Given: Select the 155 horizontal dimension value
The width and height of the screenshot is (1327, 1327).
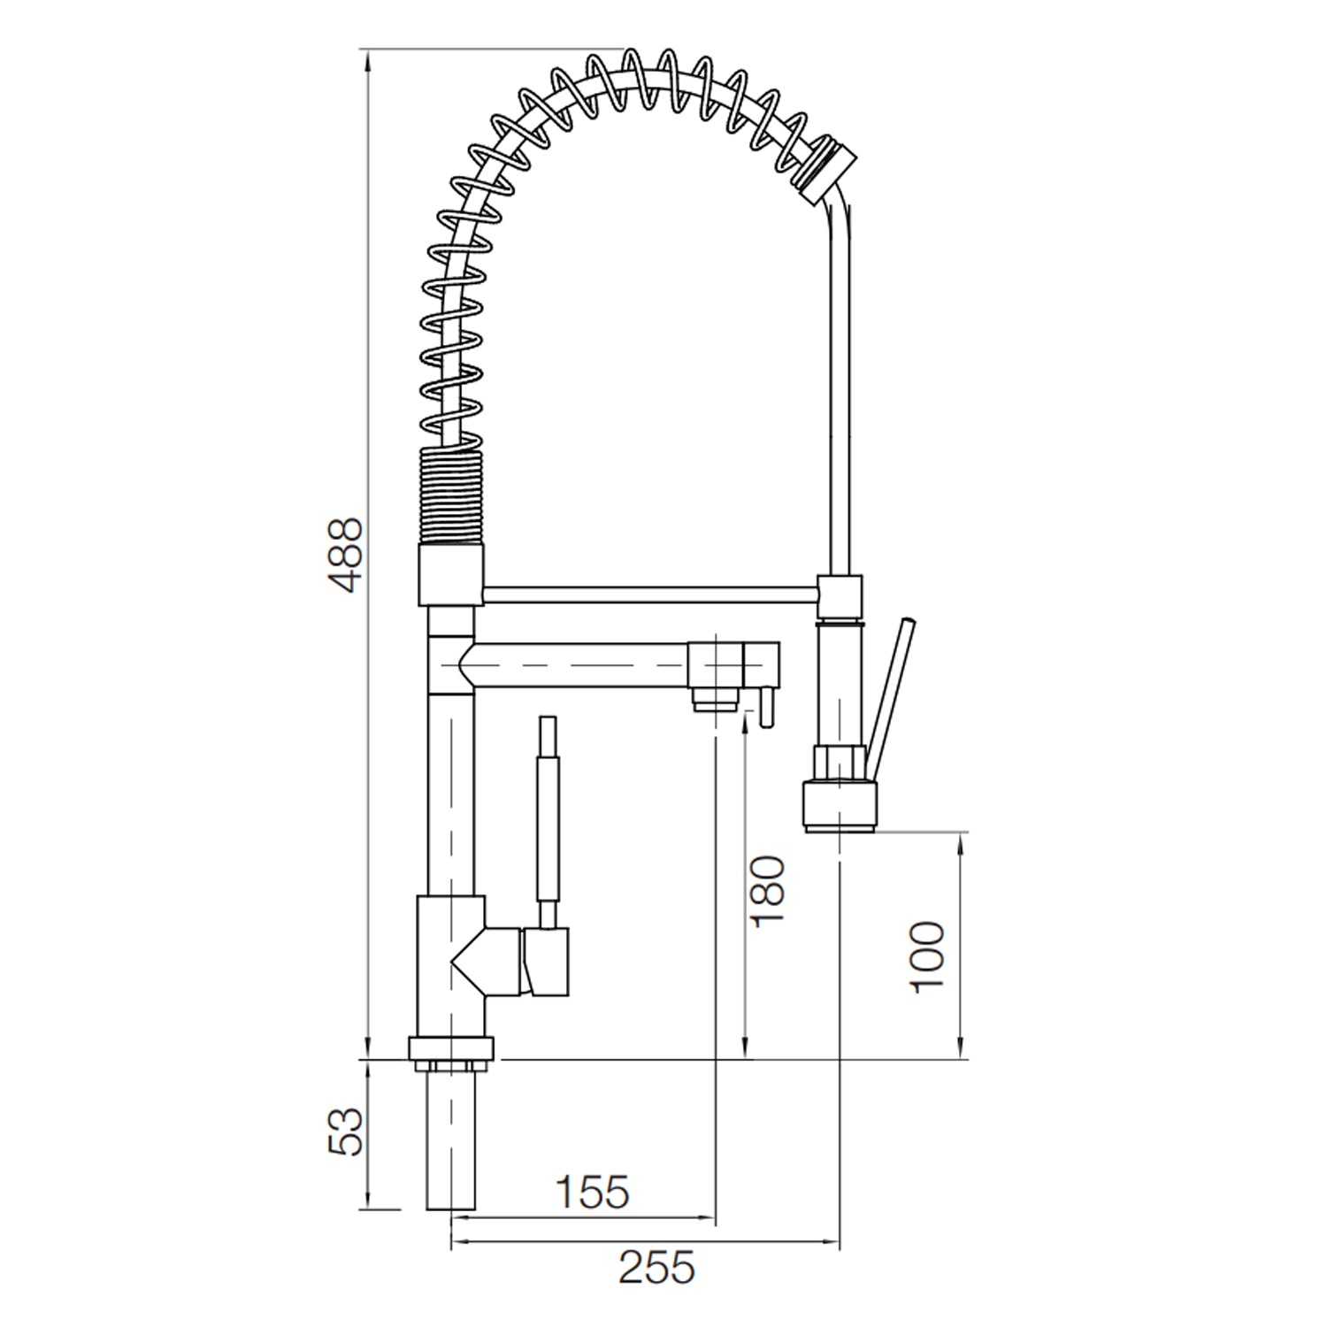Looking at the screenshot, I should coord(592,1191).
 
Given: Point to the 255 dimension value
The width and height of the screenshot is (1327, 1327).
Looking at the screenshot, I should coord(656,1268).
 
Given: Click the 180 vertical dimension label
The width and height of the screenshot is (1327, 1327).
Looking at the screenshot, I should coord(767,891).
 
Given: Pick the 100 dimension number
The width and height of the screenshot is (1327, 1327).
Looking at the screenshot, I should coord(927,957).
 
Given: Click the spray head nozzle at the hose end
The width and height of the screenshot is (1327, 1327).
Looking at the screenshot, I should coord(841,805).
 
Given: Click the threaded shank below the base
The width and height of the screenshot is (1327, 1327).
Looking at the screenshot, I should coord(451,1141).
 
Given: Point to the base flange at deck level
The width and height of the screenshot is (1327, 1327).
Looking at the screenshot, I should coord(451,1048).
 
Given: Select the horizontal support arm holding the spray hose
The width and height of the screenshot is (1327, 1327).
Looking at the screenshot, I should coord(650,594).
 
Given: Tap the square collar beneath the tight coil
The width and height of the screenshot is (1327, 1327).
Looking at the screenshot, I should coord(450,575).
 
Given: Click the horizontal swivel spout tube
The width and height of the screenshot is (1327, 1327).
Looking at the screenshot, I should coord(575,665).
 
